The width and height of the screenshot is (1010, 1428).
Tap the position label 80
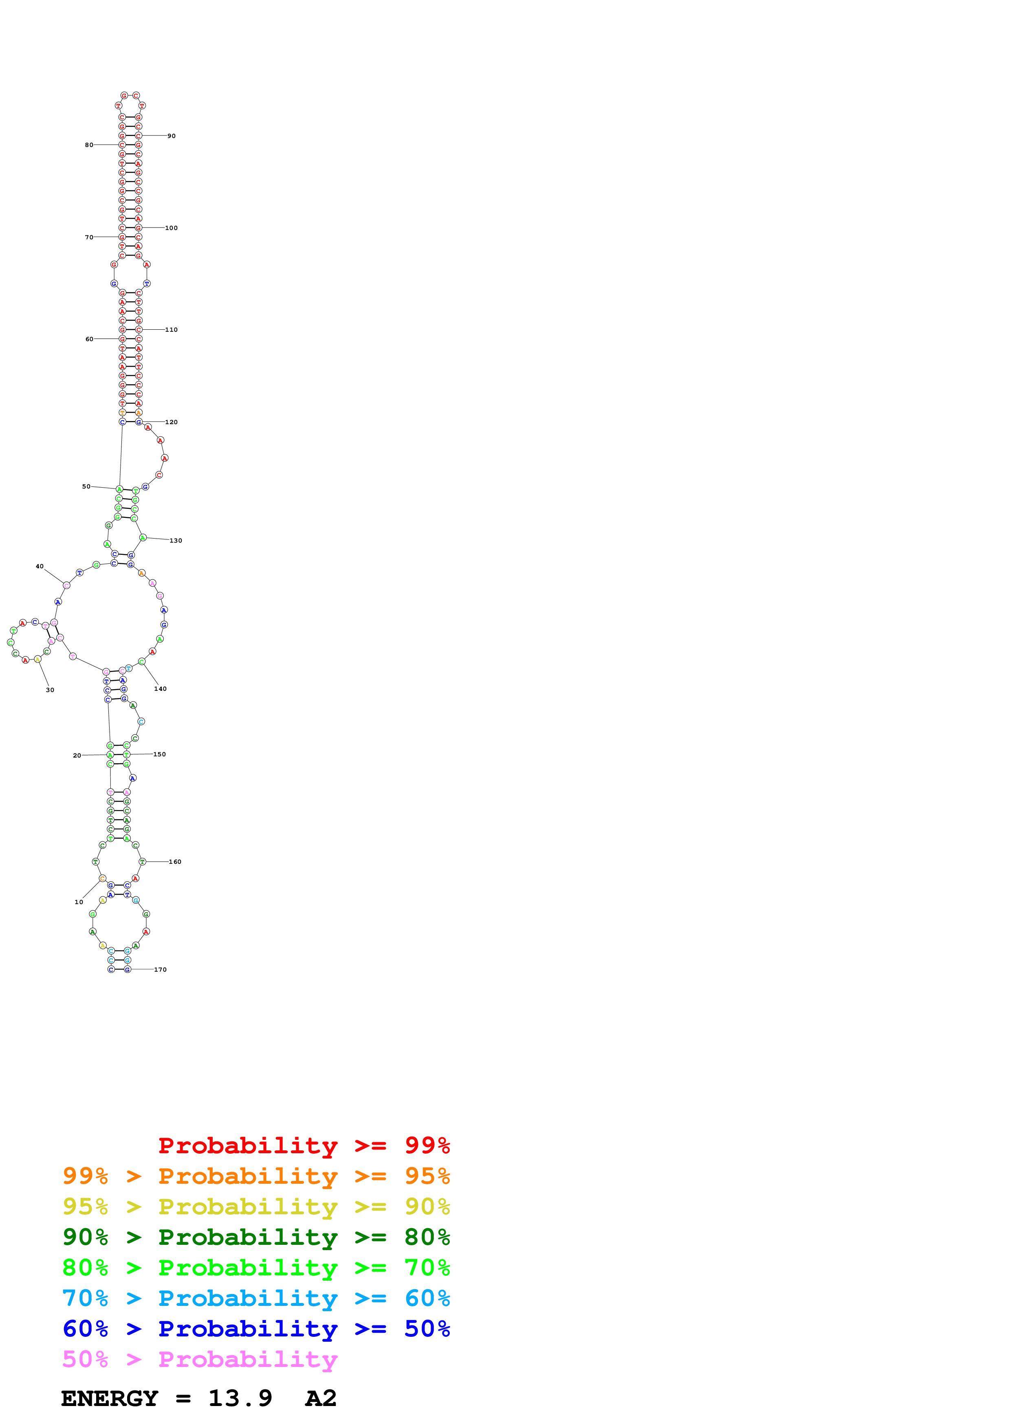[89, 145]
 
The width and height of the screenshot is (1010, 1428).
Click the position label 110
[171, 330]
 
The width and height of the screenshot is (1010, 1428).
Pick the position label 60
[89, 339]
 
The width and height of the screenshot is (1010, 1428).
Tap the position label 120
[171, 422]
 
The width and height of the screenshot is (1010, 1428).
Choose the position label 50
[86, 486]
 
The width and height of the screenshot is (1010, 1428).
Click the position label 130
[176, 541]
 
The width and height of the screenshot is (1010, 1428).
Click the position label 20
[77, 755]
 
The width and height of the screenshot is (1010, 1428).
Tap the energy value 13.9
[240, 1399]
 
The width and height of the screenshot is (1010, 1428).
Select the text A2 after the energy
[321, 1399]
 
